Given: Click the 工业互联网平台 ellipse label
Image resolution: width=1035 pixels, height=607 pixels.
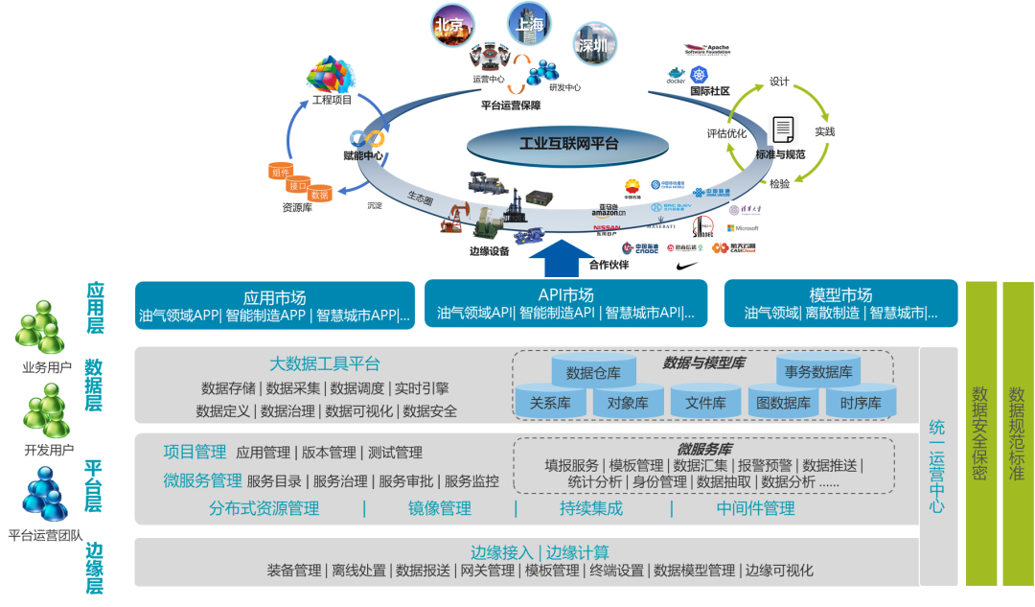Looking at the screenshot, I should point(568,144).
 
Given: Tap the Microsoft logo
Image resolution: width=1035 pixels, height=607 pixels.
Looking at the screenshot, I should point(743,228).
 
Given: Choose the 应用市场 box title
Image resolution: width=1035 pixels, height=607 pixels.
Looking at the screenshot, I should point(275,297).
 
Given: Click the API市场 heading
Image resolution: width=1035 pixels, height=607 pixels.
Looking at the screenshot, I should point(565,295).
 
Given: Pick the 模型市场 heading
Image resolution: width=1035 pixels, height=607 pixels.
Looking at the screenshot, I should point(840,295).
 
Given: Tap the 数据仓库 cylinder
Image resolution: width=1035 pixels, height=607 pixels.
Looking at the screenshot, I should point(593,373).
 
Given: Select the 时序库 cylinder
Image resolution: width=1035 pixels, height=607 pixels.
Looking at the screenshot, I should point(860,403).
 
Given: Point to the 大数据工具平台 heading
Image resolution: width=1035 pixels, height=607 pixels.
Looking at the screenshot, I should point(324,364).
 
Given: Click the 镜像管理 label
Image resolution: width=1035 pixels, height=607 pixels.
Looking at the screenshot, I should point(440,508).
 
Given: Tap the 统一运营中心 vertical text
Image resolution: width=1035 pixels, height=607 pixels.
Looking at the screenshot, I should point(936,465).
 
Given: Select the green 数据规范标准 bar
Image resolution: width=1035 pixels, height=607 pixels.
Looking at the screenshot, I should point(1017,433).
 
